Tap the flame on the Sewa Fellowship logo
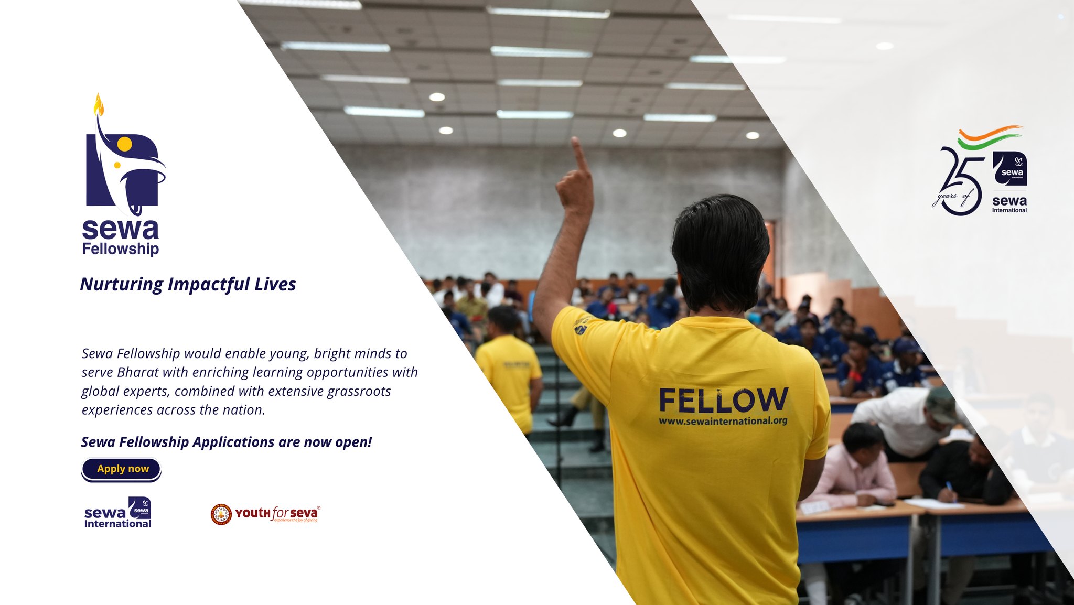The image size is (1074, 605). coord(99,105)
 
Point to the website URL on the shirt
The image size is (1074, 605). coord(723,421)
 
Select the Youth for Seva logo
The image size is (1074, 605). coord(265,514)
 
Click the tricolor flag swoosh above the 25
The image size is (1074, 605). coord(989,137)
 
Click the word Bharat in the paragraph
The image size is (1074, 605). coord(138,372)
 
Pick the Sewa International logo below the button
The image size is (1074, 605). coord(117,513)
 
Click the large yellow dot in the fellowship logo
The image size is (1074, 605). coord(124,144)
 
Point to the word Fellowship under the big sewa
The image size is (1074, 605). coord(121,249)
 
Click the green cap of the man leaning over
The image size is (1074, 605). coord(942,404)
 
